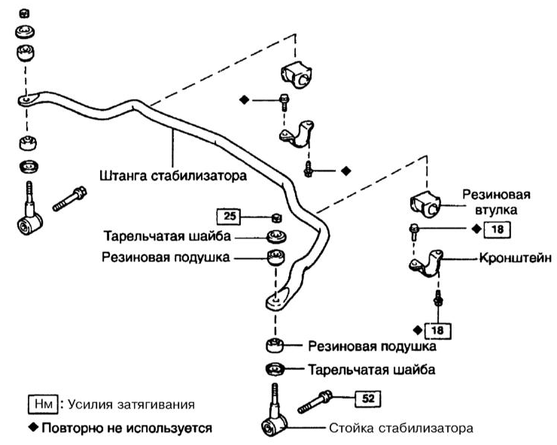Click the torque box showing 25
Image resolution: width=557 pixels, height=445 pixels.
click(x=228, y=216)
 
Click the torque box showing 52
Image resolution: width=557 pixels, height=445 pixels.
click(x=367, y=398)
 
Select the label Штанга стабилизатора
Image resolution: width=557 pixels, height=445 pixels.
click(x=173, y=176)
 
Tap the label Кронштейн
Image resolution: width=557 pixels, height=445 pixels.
click(x=516, y=258)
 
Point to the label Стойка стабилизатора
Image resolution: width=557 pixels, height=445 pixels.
click(x=401, y=428)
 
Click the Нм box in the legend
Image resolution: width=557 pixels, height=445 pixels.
click(x=43, y=404)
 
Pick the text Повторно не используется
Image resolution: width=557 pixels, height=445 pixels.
click(x=126, y=428)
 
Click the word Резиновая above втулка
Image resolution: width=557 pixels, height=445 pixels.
click(x=496, y=195)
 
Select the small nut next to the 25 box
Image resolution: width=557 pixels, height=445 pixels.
click(x=277, y=218)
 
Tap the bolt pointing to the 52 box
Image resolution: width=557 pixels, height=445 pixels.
click(x=315, y=402)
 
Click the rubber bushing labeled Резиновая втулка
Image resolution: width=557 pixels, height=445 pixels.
click(x=425, y=205)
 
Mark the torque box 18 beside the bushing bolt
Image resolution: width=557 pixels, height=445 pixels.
click(x=497, y=229)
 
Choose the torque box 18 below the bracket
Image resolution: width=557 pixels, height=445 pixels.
click(x=437, y=331)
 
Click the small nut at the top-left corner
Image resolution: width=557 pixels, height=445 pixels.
click(x=24, y=14)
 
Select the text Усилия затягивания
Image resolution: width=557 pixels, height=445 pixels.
click(x=131, y=404)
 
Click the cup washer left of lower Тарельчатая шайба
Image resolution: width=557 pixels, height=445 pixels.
click(x=275, y=369)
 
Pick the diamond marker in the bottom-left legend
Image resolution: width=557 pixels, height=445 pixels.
click(x=33, y=427)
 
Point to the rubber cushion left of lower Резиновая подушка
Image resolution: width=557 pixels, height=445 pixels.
click(x=275, y=345)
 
